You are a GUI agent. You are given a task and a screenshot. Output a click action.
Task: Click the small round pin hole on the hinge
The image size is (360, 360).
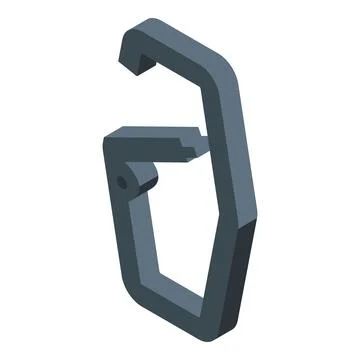tap(123, 182)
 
